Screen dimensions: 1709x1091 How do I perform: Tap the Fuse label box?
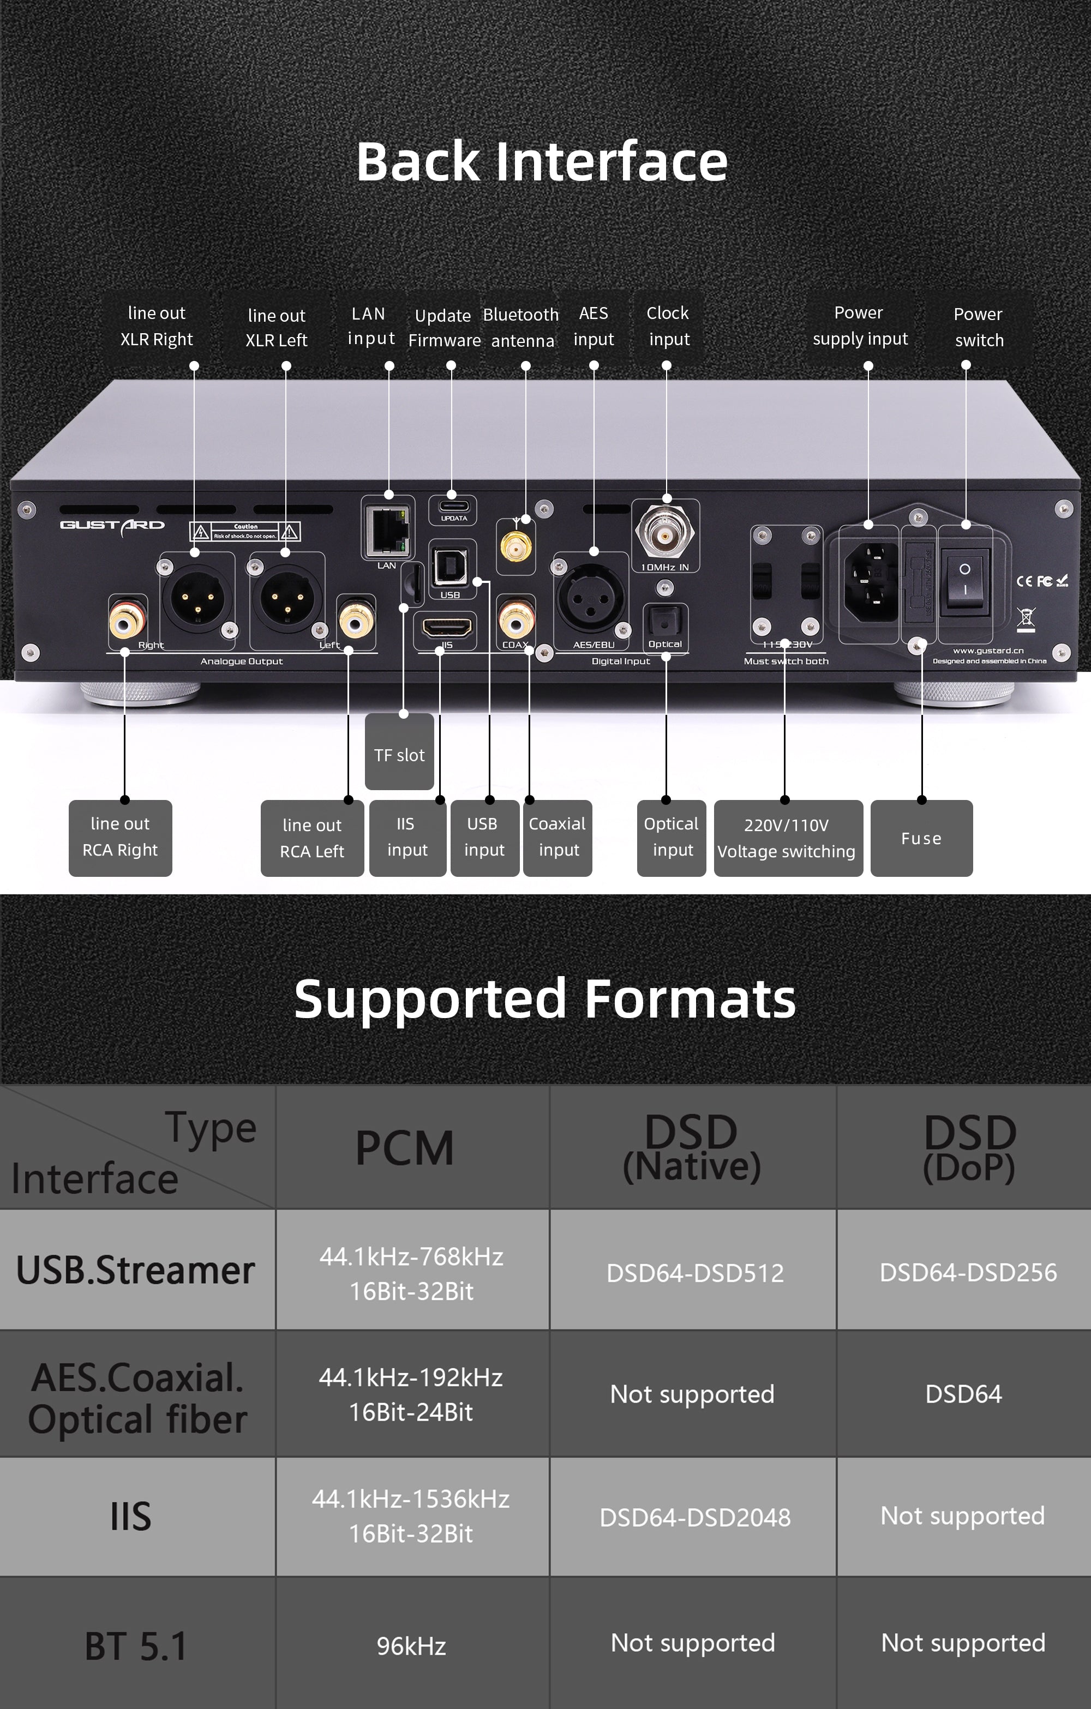(x=921, y=838)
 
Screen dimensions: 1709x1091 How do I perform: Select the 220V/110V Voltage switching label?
(x=787, y=838)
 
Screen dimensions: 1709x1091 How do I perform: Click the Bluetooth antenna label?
(x=521, y=327)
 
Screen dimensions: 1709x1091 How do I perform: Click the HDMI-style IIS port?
(x=446, y=628)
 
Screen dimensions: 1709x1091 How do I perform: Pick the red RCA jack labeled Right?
(x=127, y=619)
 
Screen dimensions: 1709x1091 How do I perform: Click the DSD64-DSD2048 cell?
(x=694, y=1517)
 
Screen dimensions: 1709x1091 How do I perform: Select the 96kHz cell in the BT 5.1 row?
(x=411, y=1646)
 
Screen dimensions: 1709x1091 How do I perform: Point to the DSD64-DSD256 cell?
(x=968, y=1272)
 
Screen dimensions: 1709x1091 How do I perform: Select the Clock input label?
(x=668, y=326)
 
